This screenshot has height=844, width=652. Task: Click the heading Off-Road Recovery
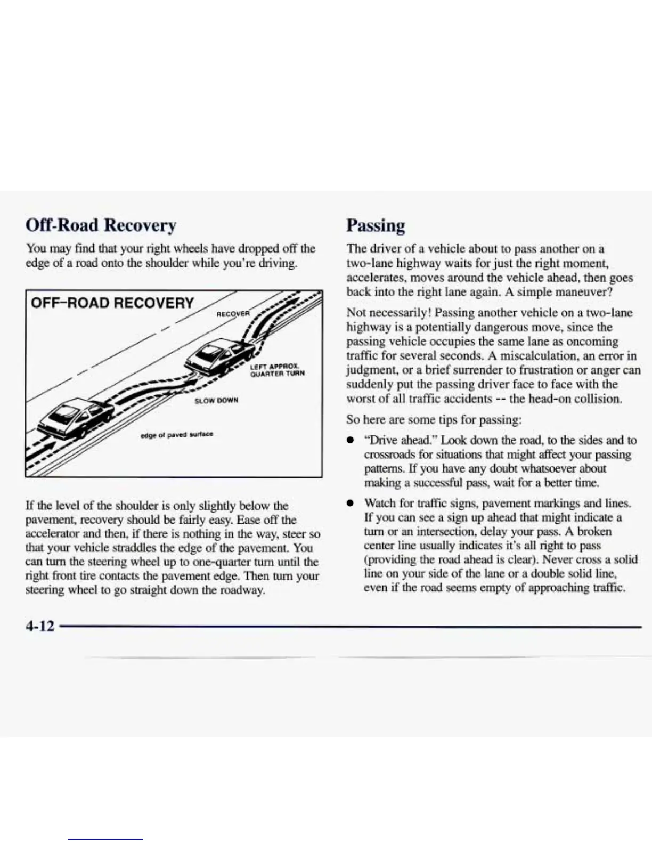(101, 225)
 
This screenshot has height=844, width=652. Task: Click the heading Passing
(376, 225)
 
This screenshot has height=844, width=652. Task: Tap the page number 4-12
(40, 626)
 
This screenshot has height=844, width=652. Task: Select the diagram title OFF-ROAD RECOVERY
(112, 303)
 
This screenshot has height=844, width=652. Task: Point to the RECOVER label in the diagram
(233, 314)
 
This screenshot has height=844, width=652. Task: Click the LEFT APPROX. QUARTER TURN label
(277, 370)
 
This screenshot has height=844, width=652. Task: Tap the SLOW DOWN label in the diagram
(216, 400)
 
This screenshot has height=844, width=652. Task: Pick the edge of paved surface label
(176, 434)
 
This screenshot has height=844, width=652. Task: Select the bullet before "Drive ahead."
(350, 441)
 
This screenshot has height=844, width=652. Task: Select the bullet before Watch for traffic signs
(350, 504)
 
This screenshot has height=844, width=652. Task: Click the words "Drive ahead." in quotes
(400, 440)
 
